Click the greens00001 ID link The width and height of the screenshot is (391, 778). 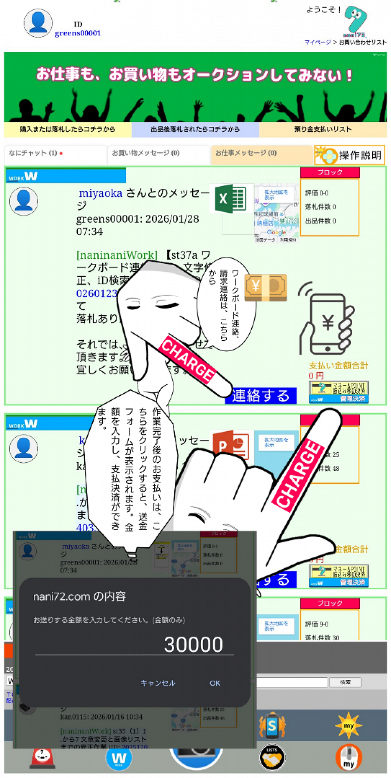tap(78, 33)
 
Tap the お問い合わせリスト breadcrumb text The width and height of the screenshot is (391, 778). tap(362, 42)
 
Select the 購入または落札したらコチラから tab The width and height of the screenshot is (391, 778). tap(68, 129)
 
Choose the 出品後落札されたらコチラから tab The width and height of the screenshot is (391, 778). tap(195, 129)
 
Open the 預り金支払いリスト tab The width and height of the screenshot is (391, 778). tap(323, 129)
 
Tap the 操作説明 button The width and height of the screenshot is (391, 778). tap(350, 155)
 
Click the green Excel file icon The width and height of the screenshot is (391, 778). tap(230, 199)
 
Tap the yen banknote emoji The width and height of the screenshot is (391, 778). tap(266, 287)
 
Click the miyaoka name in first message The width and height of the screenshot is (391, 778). tap(100, 193)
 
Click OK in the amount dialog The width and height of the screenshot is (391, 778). tap(215, 683)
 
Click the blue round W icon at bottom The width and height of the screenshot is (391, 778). tap(119, 758)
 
